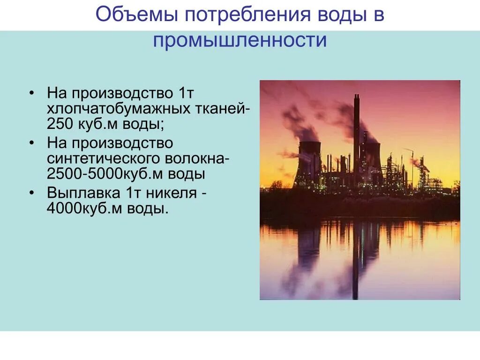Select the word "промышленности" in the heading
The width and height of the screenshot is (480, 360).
pyautogui.click(x=240, y=40)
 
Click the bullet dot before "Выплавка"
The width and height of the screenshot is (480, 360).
pyautogui.click(x=31, y=192)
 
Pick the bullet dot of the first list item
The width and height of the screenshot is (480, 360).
pyautogui.click(x=31, y=92)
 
